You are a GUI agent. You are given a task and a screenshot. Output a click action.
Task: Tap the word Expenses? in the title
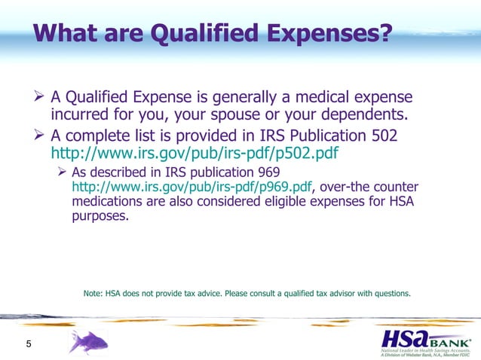click(332, 33)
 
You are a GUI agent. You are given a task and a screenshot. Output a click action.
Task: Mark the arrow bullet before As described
click(64, 172)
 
